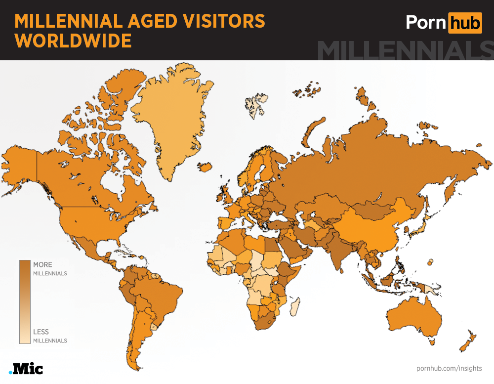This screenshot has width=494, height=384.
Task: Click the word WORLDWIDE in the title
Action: pos(73,41)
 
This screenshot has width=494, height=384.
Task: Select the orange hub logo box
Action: pos(464,22)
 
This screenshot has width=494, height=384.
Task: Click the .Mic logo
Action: pos(26,369)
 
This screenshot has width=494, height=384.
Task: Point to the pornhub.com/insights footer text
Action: pos(449,368)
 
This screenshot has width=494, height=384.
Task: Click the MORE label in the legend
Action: pos(42,265)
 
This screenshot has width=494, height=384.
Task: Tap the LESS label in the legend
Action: pos(41,332)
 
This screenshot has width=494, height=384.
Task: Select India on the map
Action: pos(341,247)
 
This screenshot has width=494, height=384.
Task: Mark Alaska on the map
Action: pos(20,163)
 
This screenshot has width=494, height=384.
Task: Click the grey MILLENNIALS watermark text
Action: pos(405,50)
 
